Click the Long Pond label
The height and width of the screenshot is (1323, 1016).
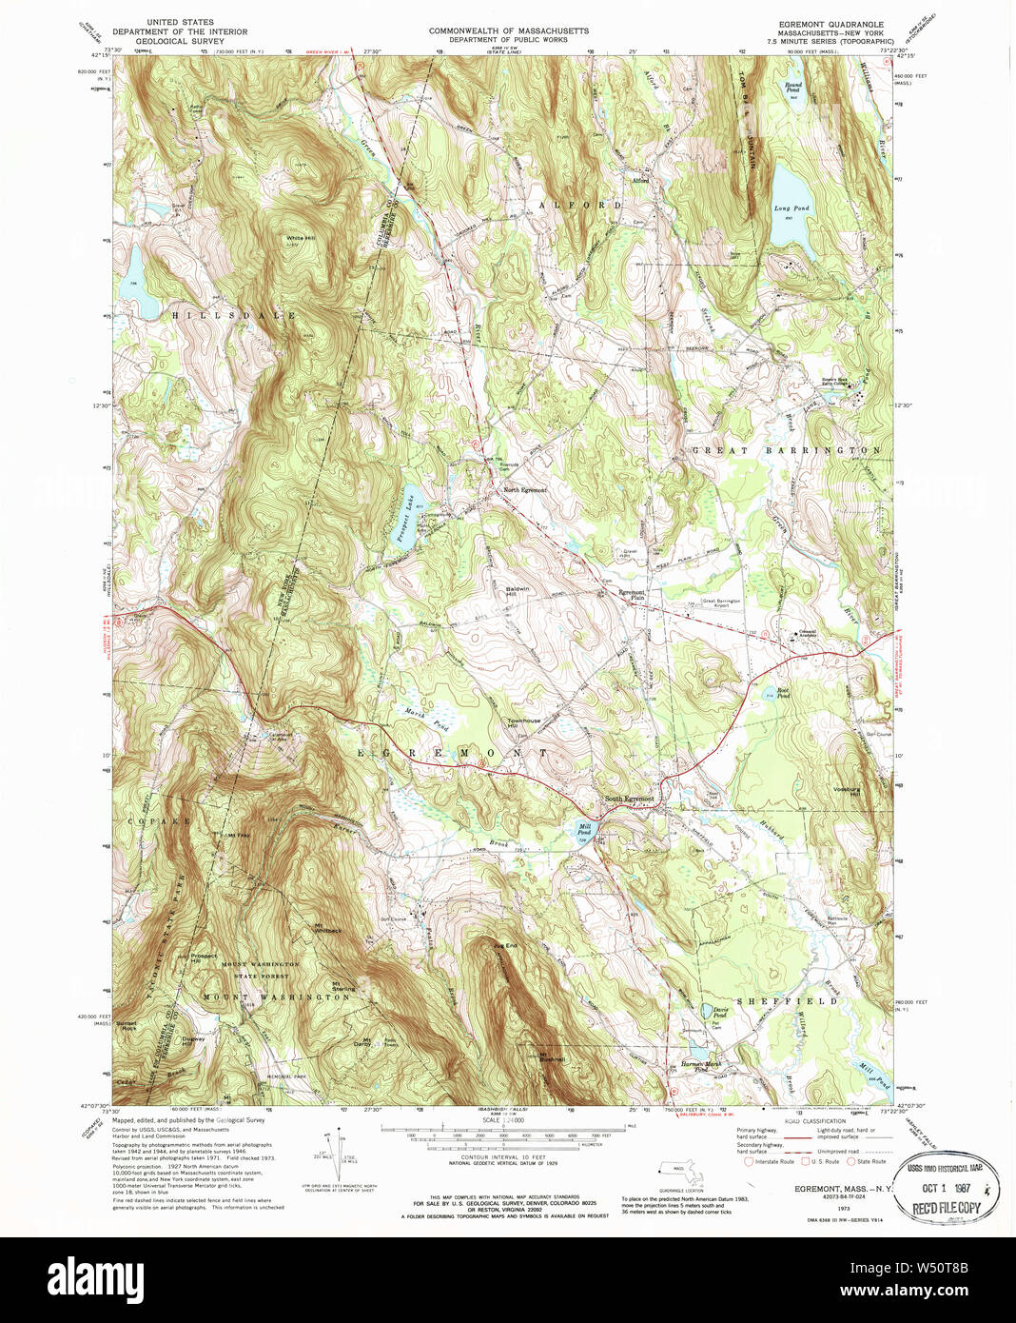coord(791,208)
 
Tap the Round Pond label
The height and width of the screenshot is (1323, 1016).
coord(792,86)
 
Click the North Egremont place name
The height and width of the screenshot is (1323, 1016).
coord(524,490)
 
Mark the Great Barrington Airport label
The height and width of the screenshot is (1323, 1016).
coord(721,602)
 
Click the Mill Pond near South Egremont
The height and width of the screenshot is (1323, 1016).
coord(584,831)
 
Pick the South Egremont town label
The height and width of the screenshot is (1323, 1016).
coord(629,799)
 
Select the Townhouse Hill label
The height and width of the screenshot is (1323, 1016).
coord(523,723)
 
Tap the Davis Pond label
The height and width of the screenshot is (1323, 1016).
coord(720,1013)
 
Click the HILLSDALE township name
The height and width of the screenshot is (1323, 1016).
coord(233,315)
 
